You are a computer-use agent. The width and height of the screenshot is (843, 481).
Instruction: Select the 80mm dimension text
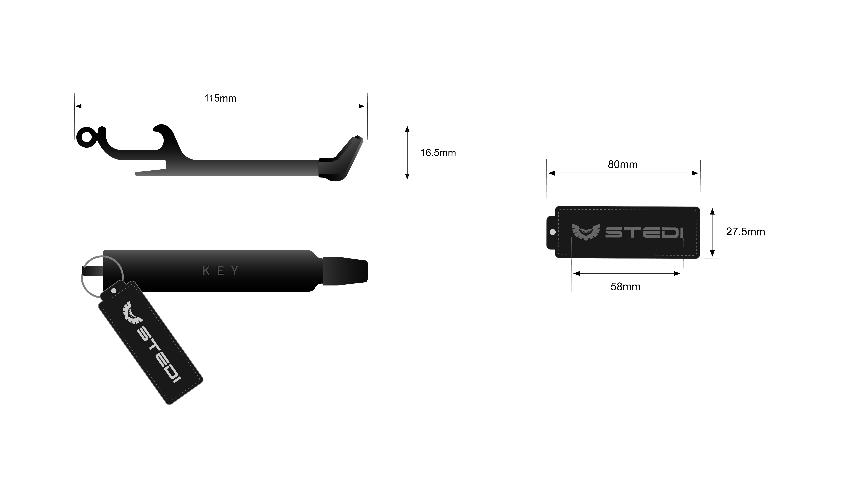coord(622,165)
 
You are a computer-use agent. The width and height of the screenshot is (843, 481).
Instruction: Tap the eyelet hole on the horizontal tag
coord(552,232)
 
